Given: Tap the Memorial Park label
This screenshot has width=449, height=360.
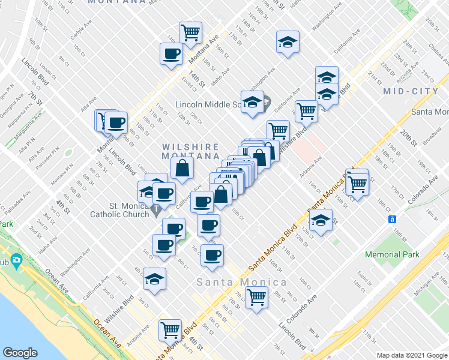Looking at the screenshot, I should [392, 254].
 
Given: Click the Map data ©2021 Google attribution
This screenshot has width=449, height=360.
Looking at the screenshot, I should [411, 354].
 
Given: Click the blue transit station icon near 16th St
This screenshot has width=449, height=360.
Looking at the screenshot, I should [391, 219].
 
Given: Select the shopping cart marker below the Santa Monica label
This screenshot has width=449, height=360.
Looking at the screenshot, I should [257, 296].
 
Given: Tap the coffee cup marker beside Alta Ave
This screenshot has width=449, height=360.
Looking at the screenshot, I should [116, 122].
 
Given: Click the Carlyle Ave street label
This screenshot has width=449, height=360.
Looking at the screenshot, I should [79, 30].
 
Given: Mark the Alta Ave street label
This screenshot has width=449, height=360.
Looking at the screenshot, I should [89, 103].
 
